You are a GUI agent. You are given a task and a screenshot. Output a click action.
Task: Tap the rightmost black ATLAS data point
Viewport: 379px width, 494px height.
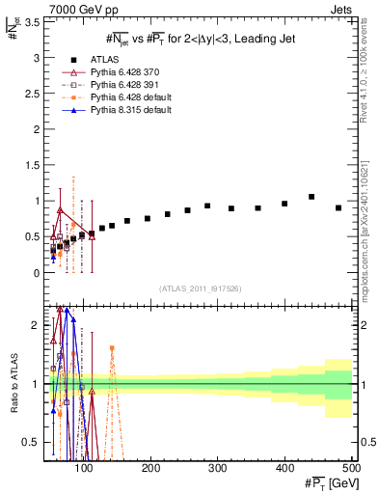pos(338,207)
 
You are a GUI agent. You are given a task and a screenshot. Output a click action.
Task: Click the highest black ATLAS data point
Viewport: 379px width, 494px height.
pos(311,197)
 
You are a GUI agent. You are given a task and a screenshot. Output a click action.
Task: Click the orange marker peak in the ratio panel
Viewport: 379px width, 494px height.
pos(112,347)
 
